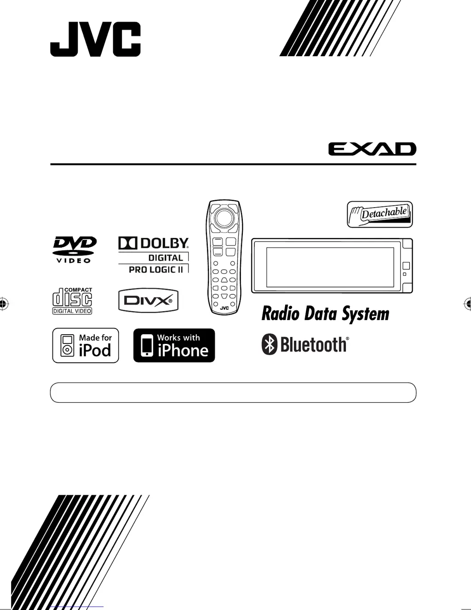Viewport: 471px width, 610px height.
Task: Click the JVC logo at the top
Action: [x=95, y=40]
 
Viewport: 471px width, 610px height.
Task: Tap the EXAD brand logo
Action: [x=372, y=149]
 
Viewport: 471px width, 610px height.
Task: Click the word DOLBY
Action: [x=164, y=243]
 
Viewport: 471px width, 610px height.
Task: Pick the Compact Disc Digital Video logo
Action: [x=72, y=301]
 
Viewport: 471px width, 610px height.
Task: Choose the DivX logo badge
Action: [x=148, y=301]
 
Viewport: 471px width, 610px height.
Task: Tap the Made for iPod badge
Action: [x=86, y=345]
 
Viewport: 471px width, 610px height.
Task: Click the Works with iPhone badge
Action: [x=174, y=345]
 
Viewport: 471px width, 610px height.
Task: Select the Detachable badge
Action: [x=380, y=215]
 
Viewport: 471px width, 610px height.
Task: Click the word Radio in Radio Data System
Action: [x=280, y=314]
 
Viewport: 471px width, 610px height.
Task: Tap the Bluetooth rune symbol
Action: [x=270, y=344]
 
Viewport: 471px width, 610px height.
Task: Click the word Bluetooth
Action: [x=314, y=344]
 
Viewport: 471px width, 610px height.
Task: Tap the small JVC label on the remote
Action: [x=224, y=308]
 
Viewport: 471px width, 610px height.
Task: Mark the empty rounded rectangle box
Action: [x=233, y=393]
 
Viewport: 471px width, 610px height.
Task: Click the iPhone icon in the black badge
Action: [x=147, y=346]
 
